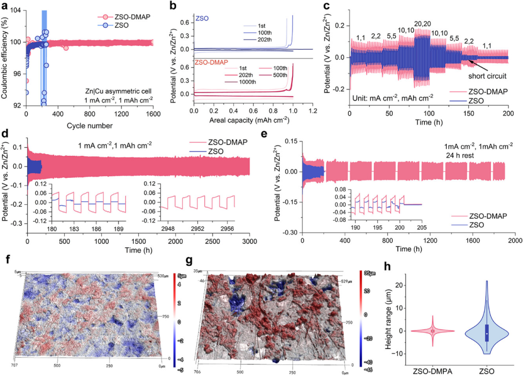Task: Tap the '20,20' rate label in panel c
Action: click(x=422, y=24)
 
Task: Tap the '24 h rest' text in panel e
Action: click(x=458, y=155)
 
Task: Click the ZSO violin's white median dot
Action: click(x=487, y=334)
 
